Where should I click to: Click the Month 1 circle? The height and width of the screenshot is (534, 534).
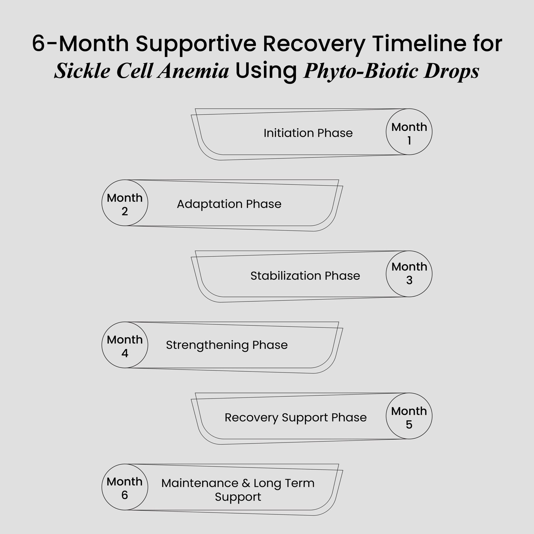[409, 132]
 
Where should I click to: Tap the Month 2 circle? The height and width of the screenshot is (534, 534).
[125, 203]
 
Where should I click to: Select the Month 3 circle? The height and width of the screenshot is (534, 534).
[409, 274]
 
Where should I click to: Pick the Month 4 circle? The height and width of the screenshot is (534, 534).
[125, 345]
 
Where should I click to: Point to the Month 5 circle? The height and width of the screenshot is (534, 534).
[409, 416]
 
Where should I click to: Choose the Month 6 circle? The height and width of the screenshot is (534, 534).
[125, 487]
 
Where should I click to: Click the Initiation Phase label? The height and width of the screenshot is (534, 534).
[308, 133]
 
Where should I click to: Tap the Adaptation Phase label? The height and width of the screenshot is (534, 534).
[229, 204]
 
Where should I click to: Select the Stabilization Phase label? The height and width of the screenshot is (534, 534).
[305, 276]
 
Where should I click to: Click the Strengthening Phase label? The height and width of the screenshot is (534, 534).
[227, 345]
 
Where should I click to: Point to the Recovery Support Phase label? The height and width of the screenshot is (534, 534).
[295, 418]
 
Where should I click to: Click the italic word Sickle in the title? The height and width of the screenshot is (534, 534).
[81, 71]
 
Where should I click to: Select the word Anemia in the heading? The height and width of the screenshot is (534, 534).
[194, 71]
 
